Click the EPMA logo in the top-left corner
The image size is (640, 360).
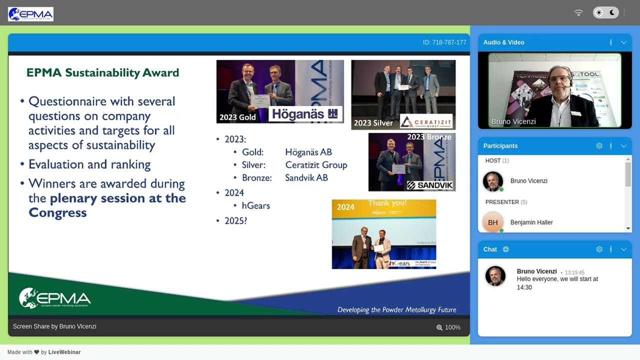point(30,14)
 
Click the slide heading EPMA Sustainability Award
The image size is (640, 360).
point(102,73)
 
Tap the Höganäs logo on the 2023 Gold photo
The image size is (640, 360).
point(305,114)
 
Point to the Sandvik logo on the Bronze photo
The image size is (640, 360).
point(429,185)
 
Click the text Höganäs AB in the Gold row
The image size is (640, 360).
point(308,152)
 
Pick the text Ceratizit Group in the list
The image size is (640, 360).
point(316,165)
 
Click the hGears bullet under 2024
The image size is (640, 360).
point(255,205)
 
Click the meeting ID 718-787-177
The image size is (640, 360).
point(444,42)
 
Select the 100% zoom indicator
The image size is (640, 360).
point(448,327)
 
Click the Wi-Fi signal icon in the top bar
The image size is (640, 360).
point(578,13)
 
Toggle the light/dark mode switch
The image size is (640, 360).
point(605,13)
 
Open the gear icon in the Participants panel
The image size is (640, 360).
point(599,146)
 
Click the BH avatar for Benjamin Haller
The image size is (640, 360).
point(492,222)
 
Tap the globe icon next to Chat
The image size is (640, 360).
point(505,249)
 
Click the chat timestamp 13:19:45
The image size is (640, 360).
point(574,273)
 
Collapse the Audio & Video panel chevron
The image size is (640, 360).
point(623,42)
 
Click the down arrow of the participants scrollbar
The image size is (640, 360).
point(628,228)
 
